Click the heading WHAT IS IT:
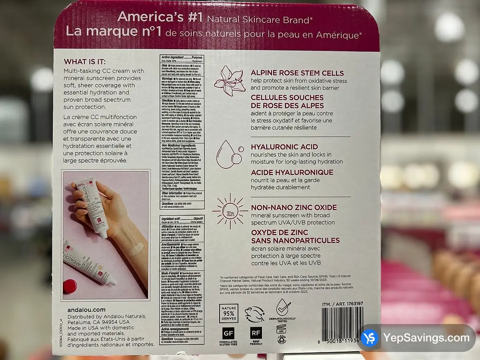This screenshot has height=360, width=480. click(x=84, y=62)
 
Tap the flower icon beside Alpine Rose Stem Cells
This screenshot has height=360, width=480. click(x=230, y=80)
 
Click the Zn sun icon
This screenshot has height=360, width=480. click(x=230, y=212)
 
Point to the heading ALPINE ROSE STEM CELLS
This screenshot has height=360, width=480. click(x=297, y=73)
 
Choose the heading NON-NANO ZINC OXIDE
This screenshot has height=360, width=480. click(x=294, y=207)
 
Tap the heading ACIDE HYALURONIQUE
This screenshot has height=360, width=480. click(x=292, y=172)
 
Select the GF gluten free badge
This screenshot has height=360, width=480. click(x=228, y=333)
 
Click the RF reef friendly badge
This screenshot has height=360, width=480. click(x=256, y=333)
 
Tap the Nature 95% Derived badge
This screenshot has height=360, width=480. click(x=228, y=312)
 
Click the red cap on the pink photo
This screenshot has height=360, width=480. click(x=70, y=286)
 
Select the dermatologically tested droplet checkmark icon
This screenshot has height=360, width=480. click(x=283, y=307)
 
